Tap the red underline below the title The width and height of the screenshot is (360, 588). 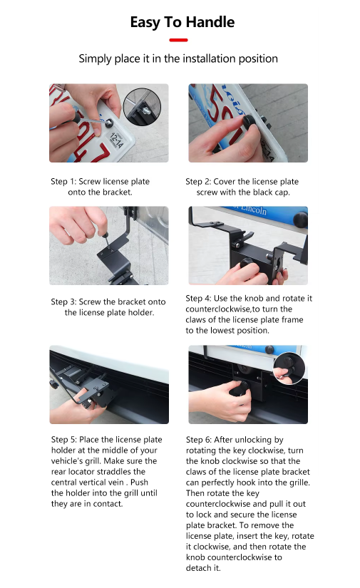pos(179,40)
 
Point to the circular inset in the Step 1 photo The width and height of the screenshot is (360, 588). pos(143,108)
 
